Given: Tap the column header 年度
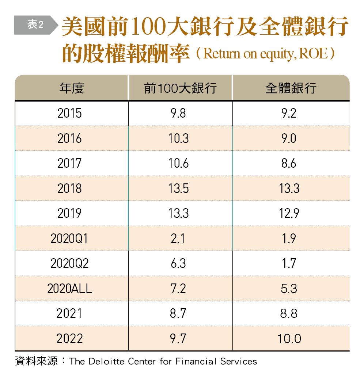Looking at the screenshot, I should tap(71, 88).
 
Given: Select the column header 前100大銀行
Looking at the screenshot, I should tap(180, 88).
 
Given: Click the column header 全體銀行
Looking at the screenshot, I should tap(291, 88).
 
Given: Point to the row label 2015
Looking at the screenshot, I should tap(69, 113).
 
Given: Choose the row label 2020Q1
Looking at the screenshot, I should tap(69, 239).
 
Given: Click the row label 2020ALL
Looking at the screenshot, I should tap(69, 289).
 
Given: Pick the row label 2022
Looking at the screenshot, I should tap(69, 339).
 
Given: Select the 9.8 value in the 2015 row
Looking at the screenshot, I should tap(178, 113).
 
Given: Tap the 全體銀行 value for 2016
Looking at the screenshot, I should tap(289, 138).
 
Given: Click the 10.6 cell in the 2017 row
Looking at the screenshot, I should tap(178, 163).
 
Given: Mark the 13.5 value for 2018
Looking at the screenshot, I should tap(178, 188).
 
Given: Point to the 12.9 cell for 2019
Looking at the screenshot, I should tap(289, 213).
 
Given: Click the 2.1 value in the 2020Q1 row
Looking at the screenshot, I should tap(178, 239).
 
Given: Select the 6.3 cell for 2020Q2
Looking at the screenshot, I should tap(178, 263).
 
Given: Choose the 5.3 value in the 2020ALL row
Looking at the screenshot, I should tap(289, 289).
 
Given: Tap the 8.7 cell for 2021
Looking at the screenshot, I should tap(178, 313).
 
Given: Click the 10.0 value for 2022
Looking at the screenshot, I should tap(289, 339).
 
